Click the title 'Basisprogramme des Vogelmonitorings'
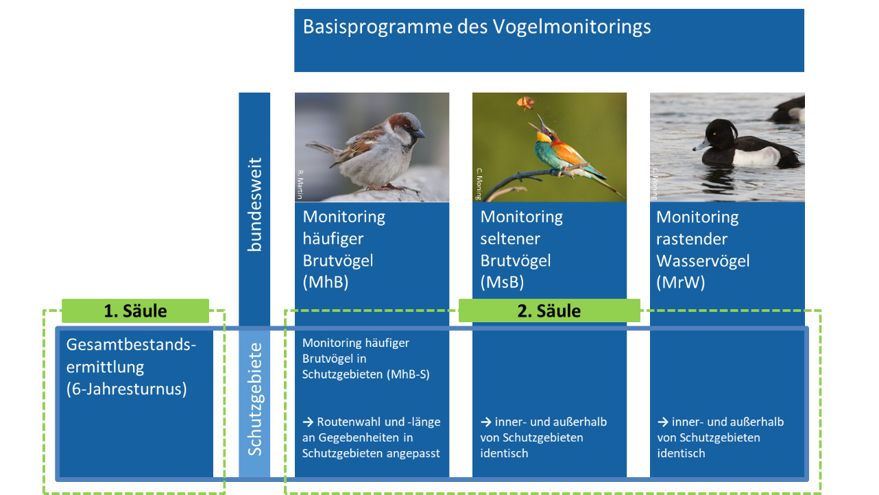477,27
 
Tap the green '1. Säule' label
135,311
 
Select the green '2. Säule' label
549,311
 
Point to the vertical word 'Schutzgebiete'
254,400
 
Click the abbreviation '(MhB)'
326,282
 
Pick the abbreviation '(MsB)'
503,282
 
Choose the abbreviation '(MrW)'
680,282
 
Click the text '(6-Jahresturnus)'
126,389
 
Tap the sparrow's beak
420,133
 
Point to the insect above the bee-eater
525,104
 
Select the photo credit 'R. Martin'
300,184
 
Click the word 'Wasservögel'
703,261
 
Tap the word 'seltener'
510,239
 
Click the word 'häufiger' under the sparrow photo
333,239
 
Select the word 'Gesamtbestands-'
131,344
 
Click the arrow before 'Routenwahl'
308,422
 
